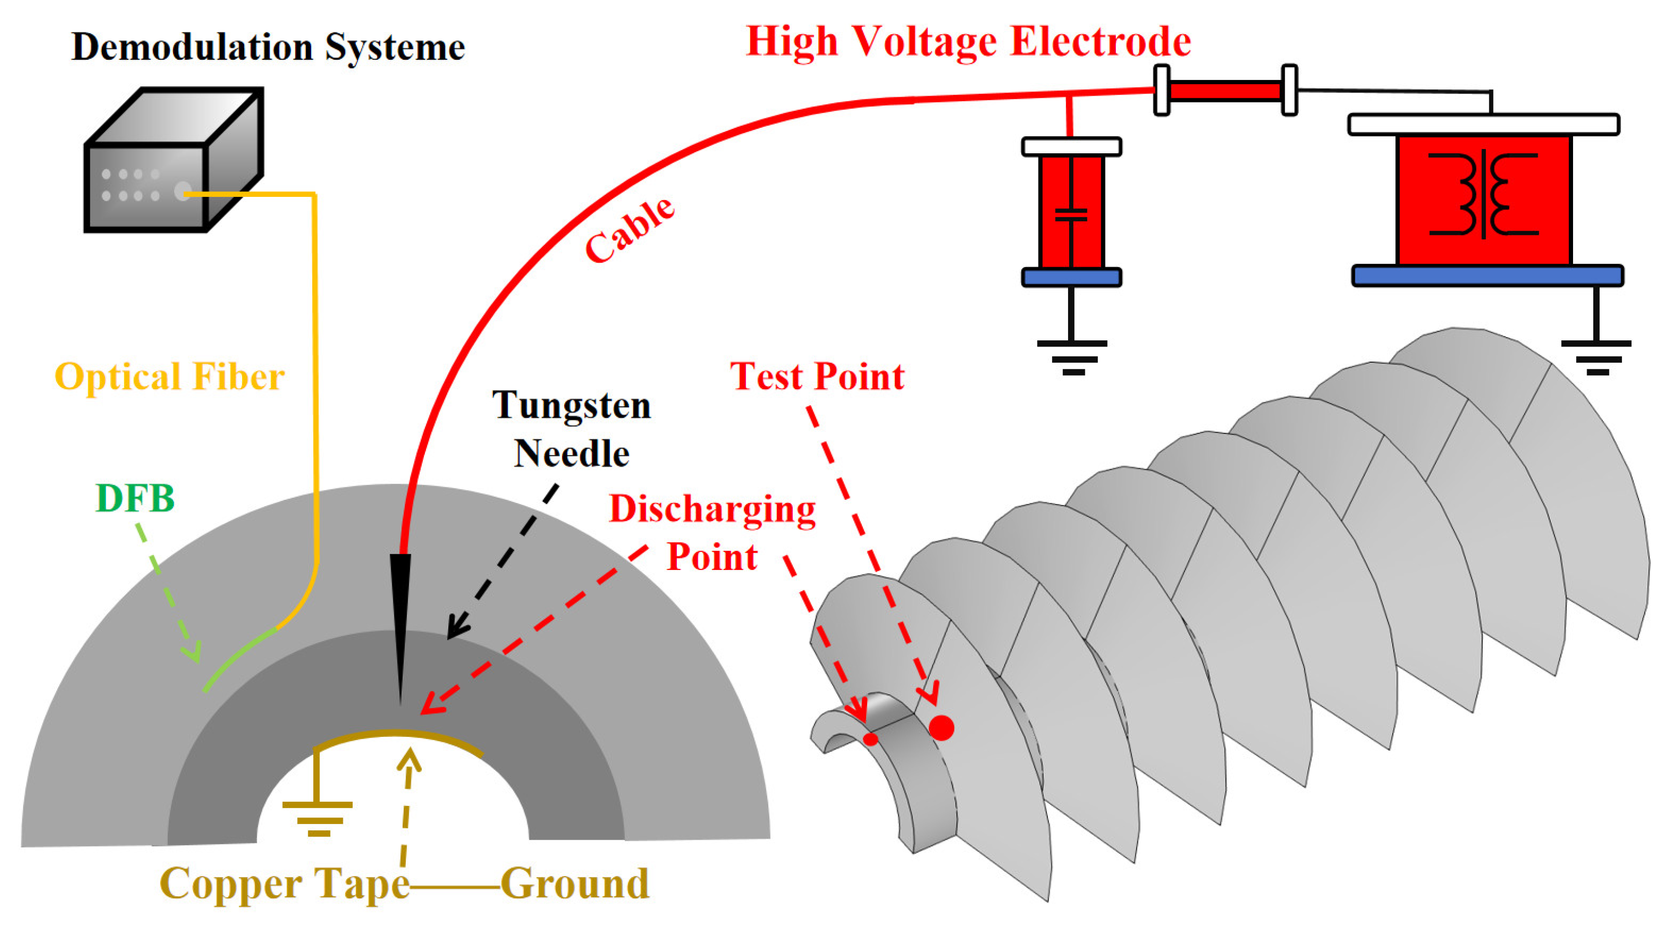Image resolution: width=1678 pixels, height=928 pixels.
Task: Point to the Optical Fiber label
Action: tap(169, 377)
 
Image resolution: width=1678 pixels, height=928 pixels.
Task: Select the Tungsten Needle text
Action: tap(571, 429)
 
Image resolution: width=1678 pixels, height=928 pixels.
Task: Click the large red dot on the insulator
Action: tap(941, 727)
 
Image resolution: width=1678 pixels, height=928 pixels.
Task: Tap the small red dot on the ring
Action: tap(871, 739)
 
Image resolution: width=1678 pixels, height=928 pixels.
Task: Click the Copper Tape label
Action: tap(285, 884)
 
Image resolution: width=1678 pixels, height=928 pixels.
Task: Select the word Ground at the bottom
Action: tap(575, 884)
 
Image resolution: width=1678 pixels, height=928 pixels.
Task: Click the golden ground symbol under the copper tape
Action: tap(318, 817)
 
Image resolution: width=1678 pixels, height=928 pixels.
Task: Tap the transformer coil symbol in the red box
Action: tap(1483, 194)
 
